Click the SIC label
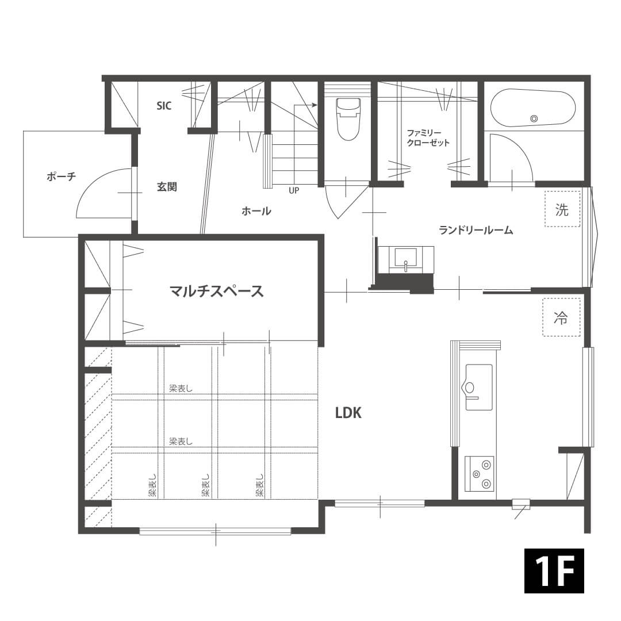point(164,106)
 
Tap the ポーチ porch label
point(61,177)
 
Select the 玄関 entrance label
point(167,186)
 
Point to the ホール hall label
point(256,210)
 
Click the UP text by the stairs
point(294,190)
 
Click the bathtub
point(533,108)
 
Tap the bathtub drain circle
point(534,118)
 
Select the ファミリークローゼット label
point(428,137)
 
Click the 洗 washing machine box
point(562,209)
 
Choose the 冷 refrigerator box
point(561,317)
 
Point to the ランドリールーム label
point(476,229)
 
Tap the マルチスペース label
point(217,291)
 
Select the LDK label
point(348,413)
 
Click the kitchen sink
point(479,388)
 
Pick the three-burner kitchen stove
point(479,473)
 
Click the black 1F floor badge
point(554,571)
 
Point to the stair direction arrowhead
point(315,105)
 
